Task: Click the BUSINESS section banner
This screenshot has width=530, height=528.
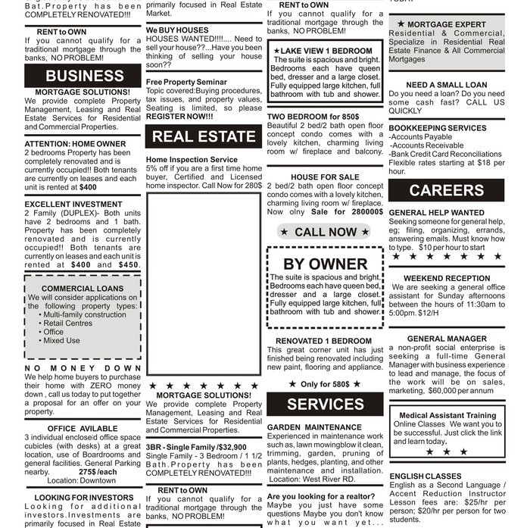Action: tap(83, 76)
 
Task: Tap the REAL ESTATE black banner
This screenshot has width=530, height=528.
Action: tap(204, 136)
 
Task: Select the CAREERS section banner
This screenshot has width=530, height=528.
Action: tap(446, 190)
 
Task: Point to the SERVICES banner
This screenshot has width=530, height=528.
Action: tap(325, 404)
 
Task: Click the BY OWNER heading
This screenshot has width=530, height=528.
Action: tap(325, 264)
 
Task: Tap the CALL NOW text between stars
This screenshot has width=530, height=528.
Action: tap(326, 232)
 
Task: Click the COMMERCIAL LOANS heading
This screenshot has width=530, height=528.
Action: tap(83, 289)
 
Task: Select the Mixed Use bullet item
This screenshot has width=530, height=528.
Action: tap(61, 341)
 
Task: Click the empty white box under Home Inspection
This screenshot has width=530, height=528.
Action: tap(204, 283)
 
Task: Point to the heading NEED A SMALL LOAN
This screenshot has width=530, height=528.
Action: tap(446, 86)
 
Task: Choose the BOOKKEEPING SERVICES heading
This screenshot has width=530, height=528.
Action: tap(437, 128)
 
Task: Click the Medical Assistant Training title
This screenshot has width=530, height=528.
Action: tap(447, 415)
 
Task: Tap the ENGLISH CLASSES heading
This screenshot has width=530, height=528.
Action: tap(425, 476)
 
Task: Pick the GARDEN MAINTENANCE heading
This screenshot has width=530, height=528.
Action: tap(314, 427)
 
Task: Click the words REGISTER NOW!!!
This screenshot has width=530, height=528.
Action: tap(179, 117)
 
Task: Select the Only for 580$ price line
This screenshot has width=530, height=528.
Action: tap(325, 384)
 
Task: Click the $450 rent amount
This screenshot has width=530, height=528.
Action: tap(128, 265)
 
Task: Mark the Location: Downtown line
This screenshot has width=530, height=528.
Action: tap(81, 480)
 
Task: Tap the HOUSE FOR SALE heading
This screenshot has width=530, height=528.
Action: tap(325, 177)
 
